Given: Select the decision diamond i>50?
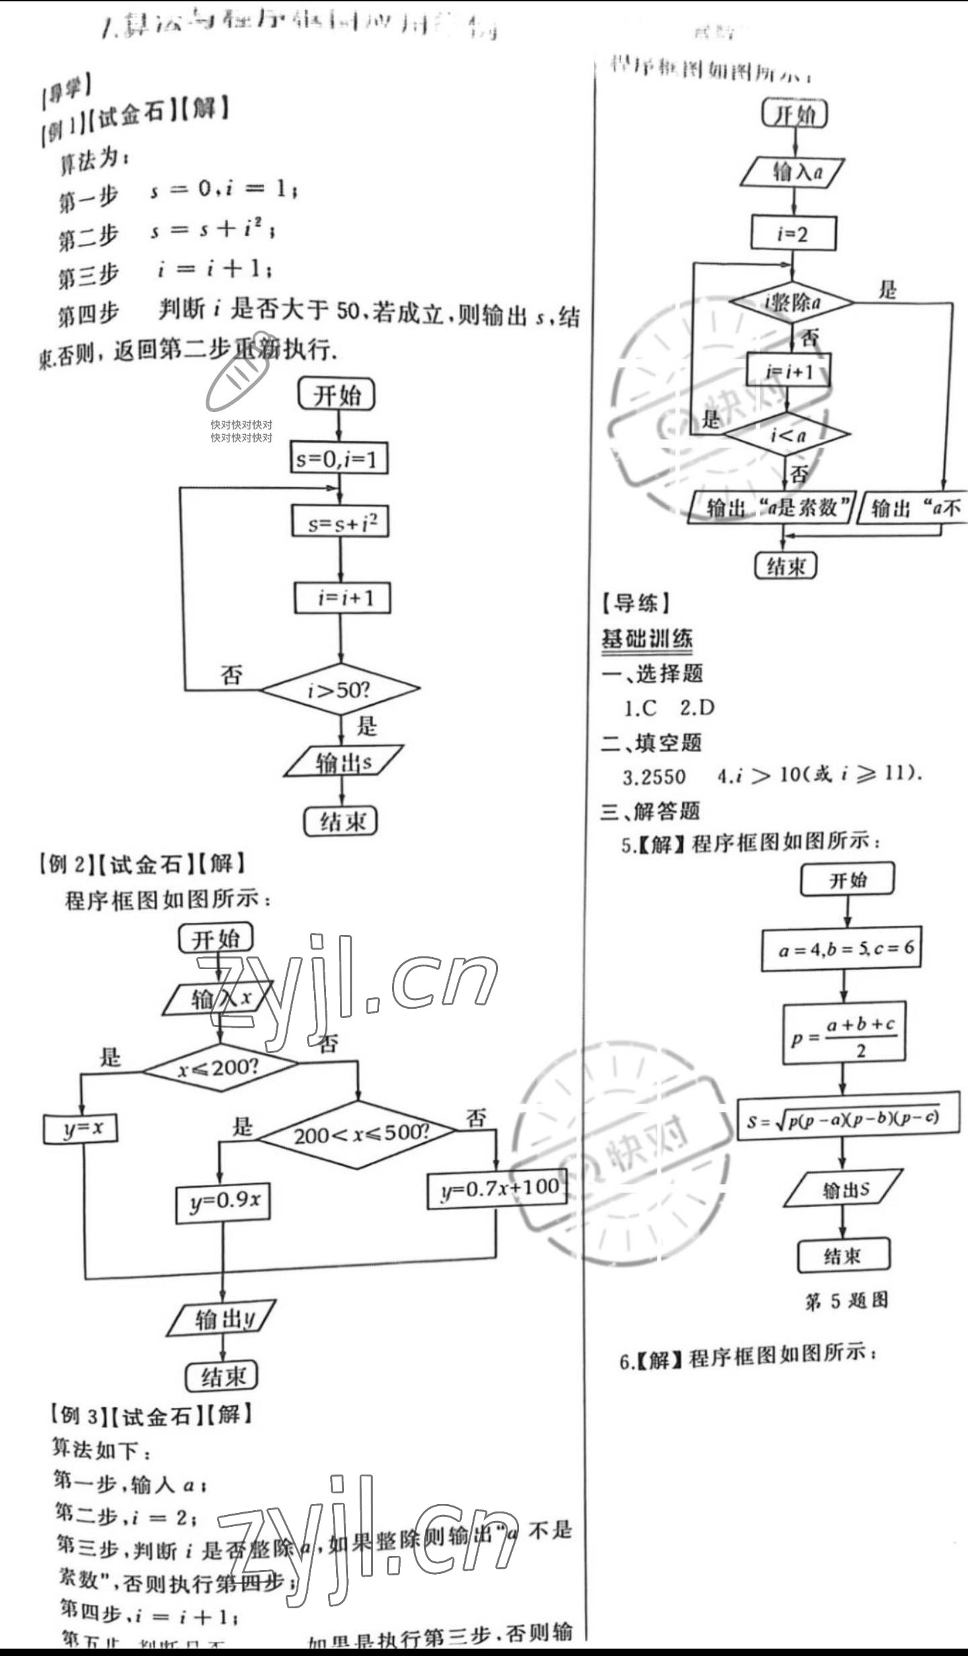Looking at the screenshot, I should [340, 689].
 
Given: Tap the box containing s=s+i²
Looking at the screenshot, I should [340, 522].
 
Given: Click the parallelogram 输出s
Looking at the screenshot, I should [343, 761].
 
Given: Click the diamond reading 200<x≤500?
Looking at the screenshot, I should [358, 1134].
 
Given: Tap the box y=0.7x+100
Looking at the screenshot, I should [497, 1189].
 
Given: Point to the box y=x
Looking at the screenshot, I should [81, 1128].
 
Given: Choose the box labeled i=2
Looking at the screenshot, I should [793, 233].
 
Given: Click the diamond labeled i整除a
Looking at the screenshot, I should [792, 302].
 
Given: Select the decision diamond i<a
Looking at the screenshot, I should [787, 435].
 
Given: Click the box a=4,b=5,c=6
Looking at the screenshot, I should [841, 949].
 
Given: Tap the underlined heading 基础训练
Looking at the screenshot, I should [647, 638].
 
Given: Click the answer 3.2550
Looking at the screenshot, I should [654, 776].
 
